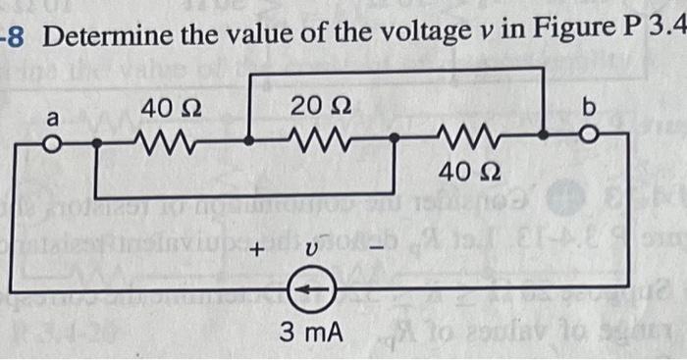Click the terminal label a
(x=55, y=118)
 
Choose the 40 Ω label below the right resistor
(x=461, y=175)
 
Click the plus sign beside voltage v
(x=261, y=250)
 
